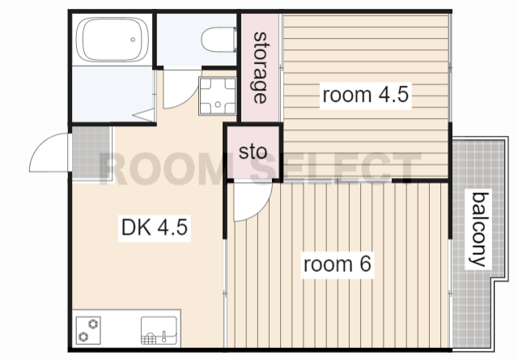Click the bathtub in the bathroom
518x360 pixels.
pos(113,40)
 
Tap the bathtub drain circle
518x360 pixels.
pos(133,40)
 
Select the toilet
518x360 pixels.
pos(219,40)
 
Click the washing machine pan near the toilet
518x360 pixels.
pos(218,95)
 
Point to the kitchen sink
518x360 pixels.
pos(159,330)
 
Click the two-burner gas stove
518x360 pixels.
pos(88,330)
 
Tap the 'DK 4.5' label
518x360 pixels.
pos(155,227)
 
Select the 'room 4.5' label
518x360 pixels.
pos(365,95)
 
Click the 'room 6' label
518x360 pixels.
pos(338,265)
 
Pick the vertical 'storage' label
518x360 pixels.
pos(260,68)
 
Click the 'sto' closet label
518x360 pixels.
pos(253,152)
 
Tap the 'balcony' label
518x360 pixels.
pos(478,230)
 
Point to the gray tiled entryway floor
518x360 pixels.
pos(91,153)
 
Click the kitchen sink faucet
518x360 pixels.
pos(163,337)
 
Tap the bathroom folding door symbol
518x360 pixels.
pos(144,115)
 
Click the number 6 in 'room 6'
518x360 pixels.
pos(365,264)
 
